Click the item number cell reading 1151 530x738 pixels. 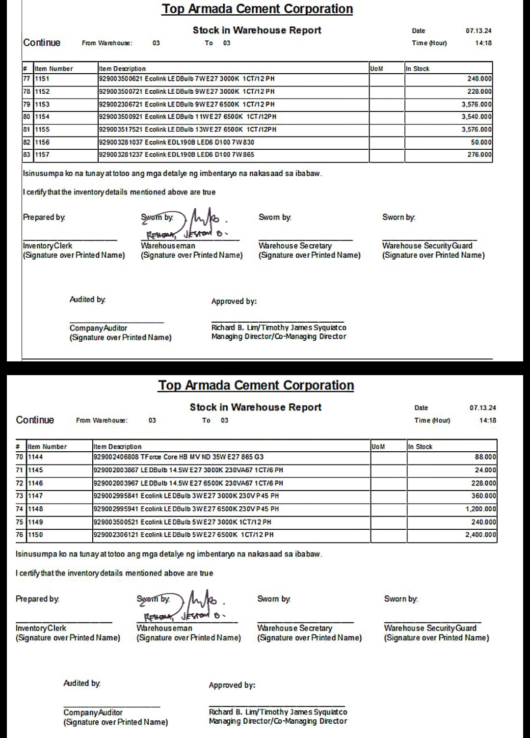(42, 79)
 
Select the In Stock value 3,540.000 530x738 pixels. (477, 117)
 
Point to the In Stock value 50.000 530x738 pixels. (481, 142)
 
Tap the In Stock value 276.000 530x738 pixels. (479, 155)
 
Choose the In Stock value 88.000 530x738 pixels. (485, 457)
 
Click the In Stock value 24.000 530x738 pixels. (485, 470)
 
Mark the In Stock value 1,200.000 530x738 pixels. (481, 509)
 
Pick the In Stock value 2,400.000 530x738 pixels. (481, 535)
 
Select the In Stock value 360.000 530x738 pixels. (483, 496)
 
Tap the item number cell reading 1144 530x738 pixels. (35, 457)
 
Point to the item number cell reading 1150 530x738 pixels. (35, 535)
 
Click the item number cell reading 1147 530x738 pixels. (35, 496)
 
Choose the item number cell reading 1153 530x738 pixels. (42, 105)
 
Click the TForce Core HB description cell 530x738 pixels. (178, 457)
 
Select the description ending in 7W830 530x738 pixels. (177, 142)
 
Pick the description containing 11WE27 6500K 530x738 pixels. (187, 117)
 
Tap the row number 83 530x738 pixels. (27, 155)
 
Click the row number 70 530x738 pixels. (20, 457)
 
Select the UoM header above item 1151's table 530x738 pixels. (376, 69)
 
